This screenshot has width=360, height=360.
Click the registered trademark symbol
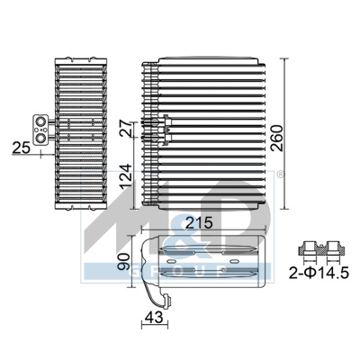click(279, 175)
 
